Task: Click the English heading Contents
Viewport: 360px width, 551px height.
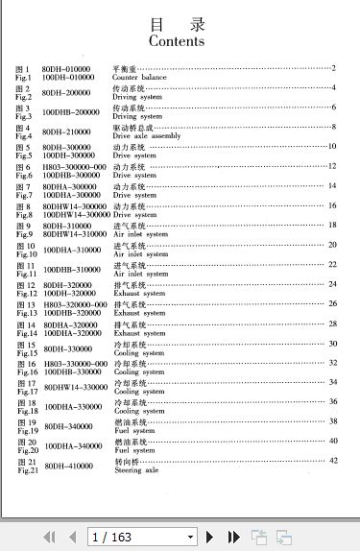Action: (x=177, y=42)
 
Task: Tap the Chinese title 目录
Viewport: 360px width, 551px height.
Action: (x=177, y=24)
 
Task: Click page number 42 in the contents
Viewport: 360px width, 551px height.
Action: (x=333, y=461)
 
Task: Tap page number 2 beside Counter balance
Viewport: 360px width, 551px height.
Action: (x=333, y=67)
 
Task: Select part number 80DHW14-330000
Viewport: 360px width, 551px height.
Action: (x=76, y=387)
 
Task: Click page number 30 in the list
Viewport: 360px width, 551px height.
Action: (x=333, y=343)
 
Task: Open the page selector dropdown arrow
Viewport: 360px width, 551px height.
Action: (x=190, y=537)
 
